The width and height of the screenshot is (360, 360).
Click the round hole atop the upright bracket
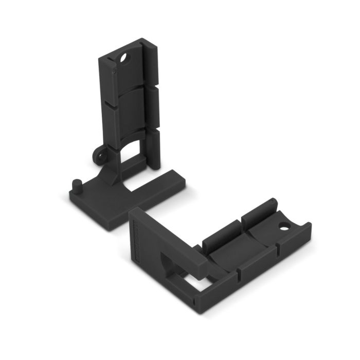[123, 58]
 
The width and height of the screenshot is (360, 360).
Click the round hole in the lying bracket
[283, 225]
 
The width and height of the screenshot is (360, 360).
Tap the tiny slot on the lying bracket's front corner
[194, 302]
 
